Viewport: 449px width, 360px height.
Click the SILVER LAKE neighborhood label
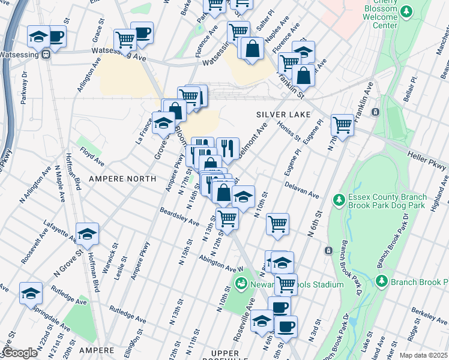pos(283,114)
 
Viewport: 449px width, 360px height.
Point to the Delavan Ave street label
pos(306,194)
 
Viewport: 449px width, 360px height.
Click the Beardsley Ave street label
pos(179,217)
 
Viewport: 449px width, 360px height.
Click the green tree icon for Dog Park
pos(339,199)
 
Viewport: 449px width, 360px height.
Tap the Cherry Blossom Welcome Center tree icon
pos(407,11)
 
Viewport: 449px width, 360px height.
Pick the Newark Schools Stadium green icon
pos(241,283)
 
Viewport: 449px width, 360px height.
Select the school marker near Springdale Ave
pos(31,293)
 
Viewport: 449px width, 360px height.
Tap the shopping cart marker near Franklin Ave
pos(342,125)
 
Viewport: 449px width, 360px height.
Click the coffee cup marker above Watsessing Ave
pos(142,33)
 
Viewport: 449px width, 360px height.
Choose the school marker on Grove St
pos(163,123)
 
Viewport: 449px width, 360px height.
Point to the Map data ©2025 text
pos(423,355)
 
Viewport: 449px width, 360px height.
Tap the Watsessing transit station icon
pos(44,55)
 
